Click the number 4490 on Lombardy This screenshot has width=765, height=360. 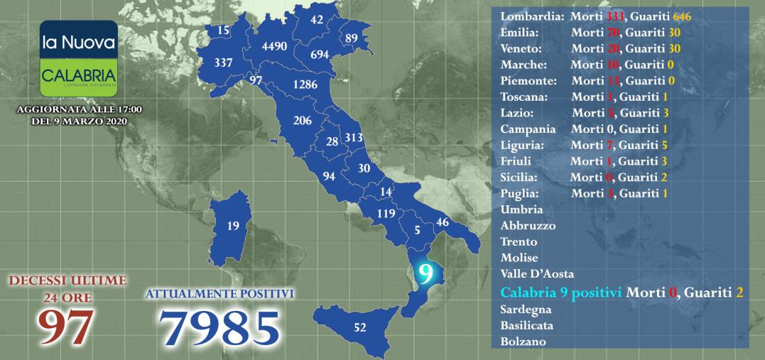(x=274, y=46)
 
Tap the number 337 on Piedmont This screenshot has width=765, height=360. (x=223, y=62)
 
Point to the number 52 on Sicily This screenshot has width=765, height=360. (x=359, y=327)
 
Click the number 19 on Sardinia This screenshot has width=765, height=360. (x=232, y=227)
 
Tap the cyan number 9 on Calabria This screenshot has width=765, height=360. (x=425, y=273)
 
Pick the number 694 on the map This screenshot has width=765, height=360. (x=320, y=54)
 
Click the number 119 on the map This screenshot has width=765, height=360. (x=386, y=213)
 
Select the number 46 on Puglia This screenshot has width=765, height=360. (x=443, y=222)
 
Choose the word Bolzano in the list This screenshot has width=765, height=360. (x=523, y=342)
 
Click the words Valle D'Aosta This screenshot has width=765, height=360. (x=537, y=273)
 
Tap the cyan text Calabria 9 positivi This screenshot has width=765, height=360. (x=562, y=292)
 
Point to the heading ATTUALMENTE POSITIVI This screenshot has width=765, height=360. (x=219, y=293)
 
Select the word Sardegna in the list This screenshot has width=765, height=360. (x=526, y=310)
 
